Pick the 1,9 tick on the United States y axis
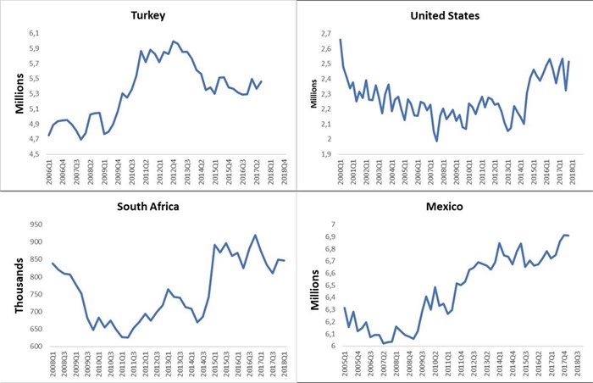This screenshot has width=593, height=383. click(324, 155)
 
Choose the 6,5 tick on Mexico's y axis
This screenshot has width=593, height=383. click(329, 286)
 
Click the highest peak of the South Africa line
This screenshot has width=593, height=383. click(256, 235)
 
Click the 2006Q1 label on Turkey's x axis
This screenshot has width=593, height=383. click(49, 172)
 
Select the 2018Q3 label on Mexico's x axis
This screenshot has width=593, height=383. click(579, 363)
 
